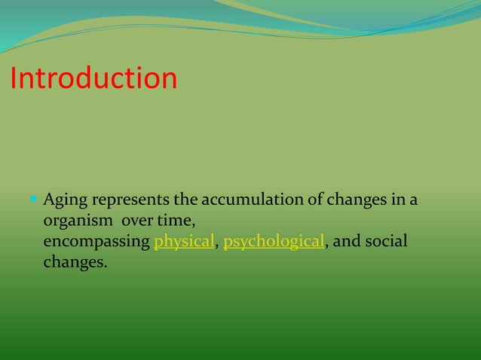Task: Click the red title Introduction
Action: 93,78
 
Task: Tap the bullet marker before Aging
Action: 34,200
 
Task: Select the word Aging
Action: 63,202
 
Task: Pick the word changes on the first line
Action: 356,201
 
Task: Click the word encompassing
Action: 97,243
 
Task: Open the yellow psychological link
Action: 274,243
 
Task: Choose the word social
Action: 385,243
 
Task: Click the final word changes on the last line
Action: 74,264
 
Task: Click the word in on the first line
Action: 397,201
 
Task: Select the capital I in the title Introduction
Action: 14,78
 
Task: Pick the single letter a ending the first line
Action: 413,202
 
